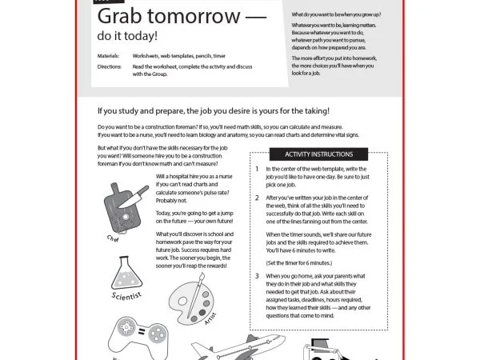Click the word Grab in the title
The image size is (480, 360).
click(x=122, y=18)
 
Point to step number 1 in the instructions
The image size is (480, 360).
click(x=257, y=170)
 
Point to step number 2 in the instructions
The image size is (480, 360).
click(x=257, y=197)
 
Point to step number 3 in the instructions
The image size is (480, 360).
click(x=257, y=276)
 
